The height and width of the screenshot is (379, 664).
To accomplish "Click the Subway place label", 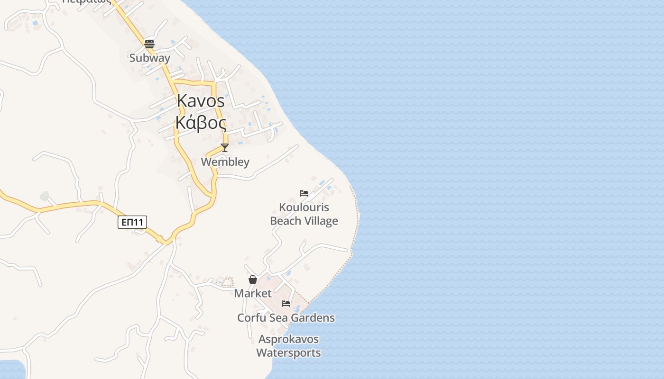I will pyautogui.click(x=149, y=58).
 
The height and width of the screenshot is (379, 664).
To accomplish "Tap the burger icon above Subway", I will pyautogui.click(x=149, y=44).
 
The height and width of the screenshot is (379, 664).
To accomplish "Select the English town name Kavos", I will pyautogui.click(x=201, y=101).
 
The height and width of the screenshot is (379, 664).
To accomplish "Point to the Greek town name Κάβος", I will pyautogui.click(x=201, y=122).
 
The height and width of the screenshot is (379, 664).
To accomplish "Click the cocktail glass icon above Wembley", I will pyautogui.click(x=225, y=148).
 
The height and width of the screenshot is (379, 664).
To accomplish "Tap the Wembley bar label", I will pyautogui.click(x=225, y=162).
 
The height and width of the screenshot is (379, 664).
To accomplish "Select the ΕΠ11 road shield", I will pyautogui.click(x=132, y=222).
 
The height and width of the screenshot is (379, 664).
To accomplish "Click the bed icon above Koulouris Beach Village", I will pyautogui.click(x=304, y=193).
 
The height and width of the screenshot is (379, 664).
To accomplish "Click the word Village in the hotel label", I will pyautogui.click(x=322, y=221).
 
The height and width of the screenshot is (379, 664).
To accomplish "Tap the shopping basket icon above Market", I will pyautogui.click(x=253, y=280).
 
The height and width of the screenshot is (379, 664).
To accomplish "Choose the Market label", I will pyautogui.click(x=253, y=293).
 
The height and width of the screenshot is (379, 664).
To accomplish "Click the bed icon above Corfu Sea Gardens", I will pyautogui.click(x=286, y=304).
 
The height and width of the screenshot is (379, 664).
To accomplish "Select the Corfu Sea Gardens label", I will pyautogui.click(x=286, y=318).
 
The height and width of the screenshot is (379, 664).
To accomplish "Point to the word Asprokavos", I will pyautogui.click(x=288, y=339).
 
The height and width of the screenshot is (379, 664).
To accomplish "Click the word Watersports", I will pyautogui.click(x=288, y=353).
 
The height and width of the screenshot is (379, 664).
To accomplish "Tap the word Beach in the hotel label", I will pyautogui.click(x=286, y=221).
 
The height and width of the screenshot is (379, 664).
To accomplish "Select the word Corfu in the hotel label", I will pyautogui.click(x=251, y=318).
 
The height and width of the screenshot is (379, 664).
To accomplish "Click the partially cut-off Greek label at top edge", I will pyautogui.click(x=87, y=1).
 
